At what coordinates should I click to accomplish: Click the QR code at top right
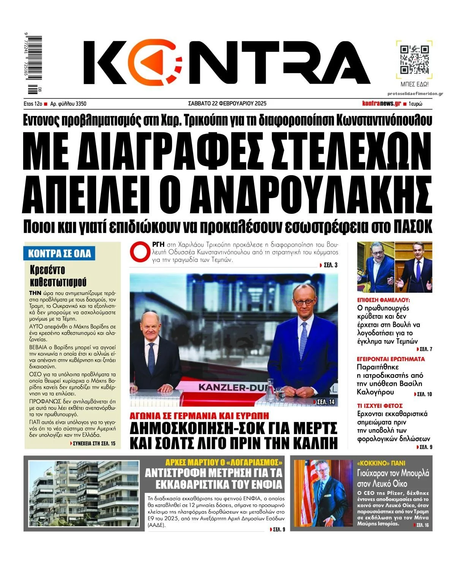(x=414, y=59)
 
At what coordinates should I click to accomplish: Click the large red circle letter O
(x=139, y=251)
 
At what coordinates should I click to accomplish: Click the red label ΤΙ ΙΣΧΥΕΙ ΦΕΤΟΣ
(x=380, y=406)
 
